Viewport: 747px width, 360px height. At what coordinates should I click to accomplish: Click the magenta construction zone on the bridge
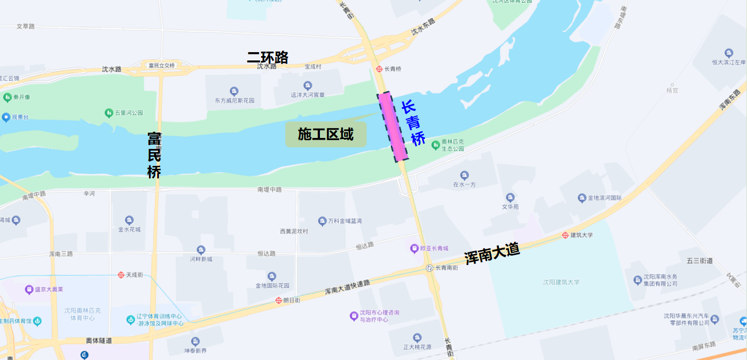392,126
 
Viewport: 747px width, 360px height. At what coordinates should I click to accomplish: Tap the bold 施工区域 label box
325,134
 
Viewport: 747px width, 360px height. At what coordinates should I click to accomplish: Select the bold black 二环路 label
268,57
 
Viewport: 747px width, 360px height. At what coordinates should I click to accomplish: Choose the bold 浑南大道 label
492,253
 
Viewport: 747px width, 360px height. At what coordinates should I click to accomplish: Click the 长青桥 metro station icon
379,69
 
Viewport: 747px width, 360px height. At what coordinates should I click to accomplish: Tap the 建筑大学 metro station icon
565,235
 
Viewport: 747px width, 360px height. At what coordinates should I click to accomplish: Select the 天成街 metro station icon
121,274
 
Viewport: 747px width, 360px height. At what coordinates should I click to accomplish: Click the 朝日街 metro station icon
279,300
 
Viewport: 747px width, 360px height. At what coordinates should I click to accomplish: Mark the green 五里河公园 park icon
109,113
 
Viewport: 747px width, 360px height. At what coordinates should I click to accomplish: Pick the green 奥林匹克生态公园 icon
436,145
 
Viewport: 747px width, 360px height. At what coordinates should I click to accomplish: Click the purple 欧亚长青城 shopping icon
414,248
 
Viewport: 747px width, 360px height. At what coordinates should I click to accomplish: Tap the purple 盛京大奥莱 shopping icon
29,289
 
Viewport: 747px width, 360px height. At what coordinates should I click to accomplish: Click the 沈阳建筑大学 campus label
561,282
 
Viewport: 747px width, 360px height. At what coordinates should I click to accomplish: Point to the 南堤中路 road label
269,190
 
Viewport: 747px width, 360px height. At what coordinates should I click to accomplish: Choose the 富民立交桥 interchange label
162,65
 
